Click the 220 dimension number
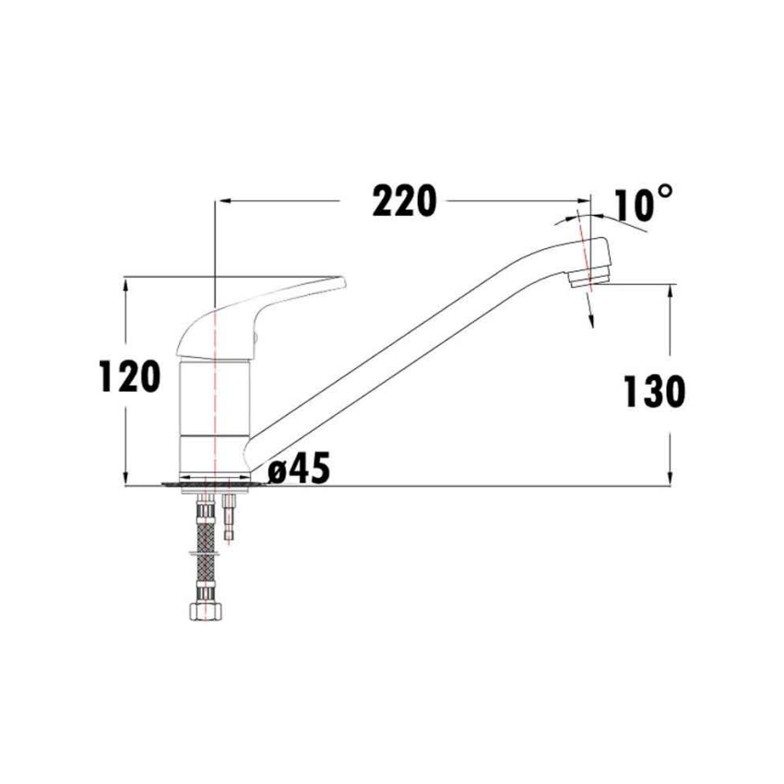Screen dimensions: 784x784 (x=403, y=201)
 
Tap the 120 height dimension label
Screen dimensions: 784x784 (x=130, y=377)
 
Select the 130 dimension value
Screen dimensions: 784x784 (x=655, y=393)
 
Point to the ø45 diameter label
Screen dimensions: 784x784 (x=299, y=470)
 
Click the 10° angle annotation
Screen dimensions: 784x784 (x=642, y=204)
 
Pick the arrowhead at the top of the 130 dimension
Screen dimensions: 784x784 (x=670, y=290)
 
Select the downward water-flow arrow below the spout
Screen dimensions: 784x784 (x=589, y=319)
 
